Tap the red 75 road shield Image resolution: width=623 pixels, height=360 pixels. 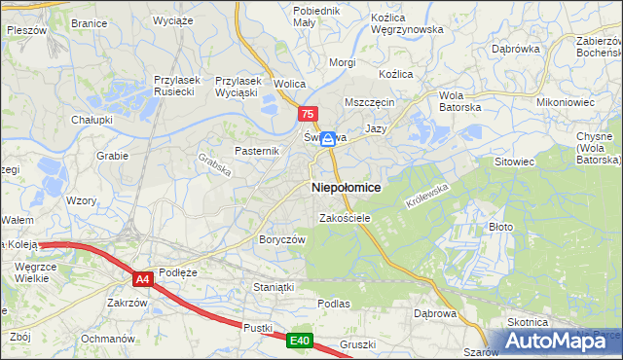click(308, 114)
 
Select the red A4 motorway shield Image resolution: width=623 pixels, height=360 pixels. click(143, 279)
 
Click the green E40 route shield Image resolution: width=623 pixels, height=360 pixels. click(299, 341)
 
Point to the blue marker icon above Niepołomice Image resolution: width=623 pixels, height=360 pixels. click(329, 139)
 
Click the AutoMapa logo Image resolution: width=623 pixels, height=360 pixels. click(559, 341)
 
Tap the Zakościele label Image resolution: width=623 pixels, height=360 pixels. click(345, 218)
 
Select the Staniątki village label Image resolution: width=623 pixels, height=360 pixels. click(273, 288)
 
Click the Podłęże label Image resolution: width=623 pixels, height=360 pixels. click(178, 272)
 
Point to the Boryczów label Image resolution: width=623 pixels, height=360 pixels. click(282, 239)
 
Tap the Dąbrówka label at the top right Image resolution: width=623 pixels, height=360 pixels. click(515, 48)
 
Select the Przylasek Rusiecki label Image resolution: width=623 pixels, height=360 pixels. click(176, 88)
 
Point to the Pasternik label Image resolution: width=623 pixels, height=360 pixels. click(257, 151)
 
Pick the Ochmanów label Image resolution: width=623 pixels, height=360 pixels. click(107, 339)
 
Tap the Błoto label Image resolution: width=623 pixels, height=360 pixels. click(500, 226)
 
